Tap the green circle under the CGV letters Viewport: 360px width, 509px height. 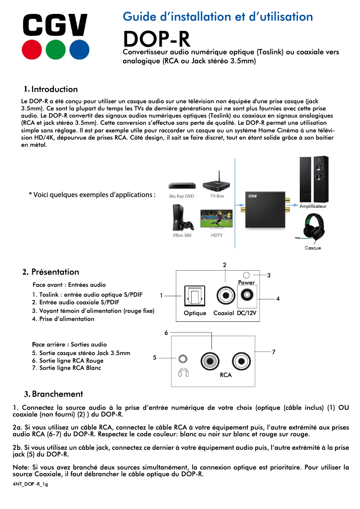coord(55,49)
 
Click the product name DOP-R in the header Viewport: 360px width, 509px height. coord(157,39)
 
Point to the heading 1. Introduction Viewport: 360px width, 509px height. coord(51,89)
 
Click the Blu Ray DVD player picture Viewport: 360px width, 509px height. coord(182,186)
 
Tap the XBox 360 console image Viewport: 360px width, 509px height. coord(182,218)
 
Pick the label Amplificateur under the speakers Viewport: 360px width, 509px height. coord(313,206)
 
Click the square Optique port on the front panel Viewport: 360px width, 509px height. coord(194,296)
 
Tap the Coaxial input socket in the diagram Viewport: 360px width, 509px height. coord(224,296)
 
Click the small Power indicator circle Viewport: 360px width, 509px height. coord(246,275)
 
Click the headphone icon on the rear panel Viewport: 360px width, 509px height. coord(183,373)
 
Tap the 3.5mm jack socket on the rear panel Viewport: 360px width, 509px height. coord(183,359)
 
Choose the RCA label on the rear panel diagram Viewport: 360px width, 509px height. coord(226,375)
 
